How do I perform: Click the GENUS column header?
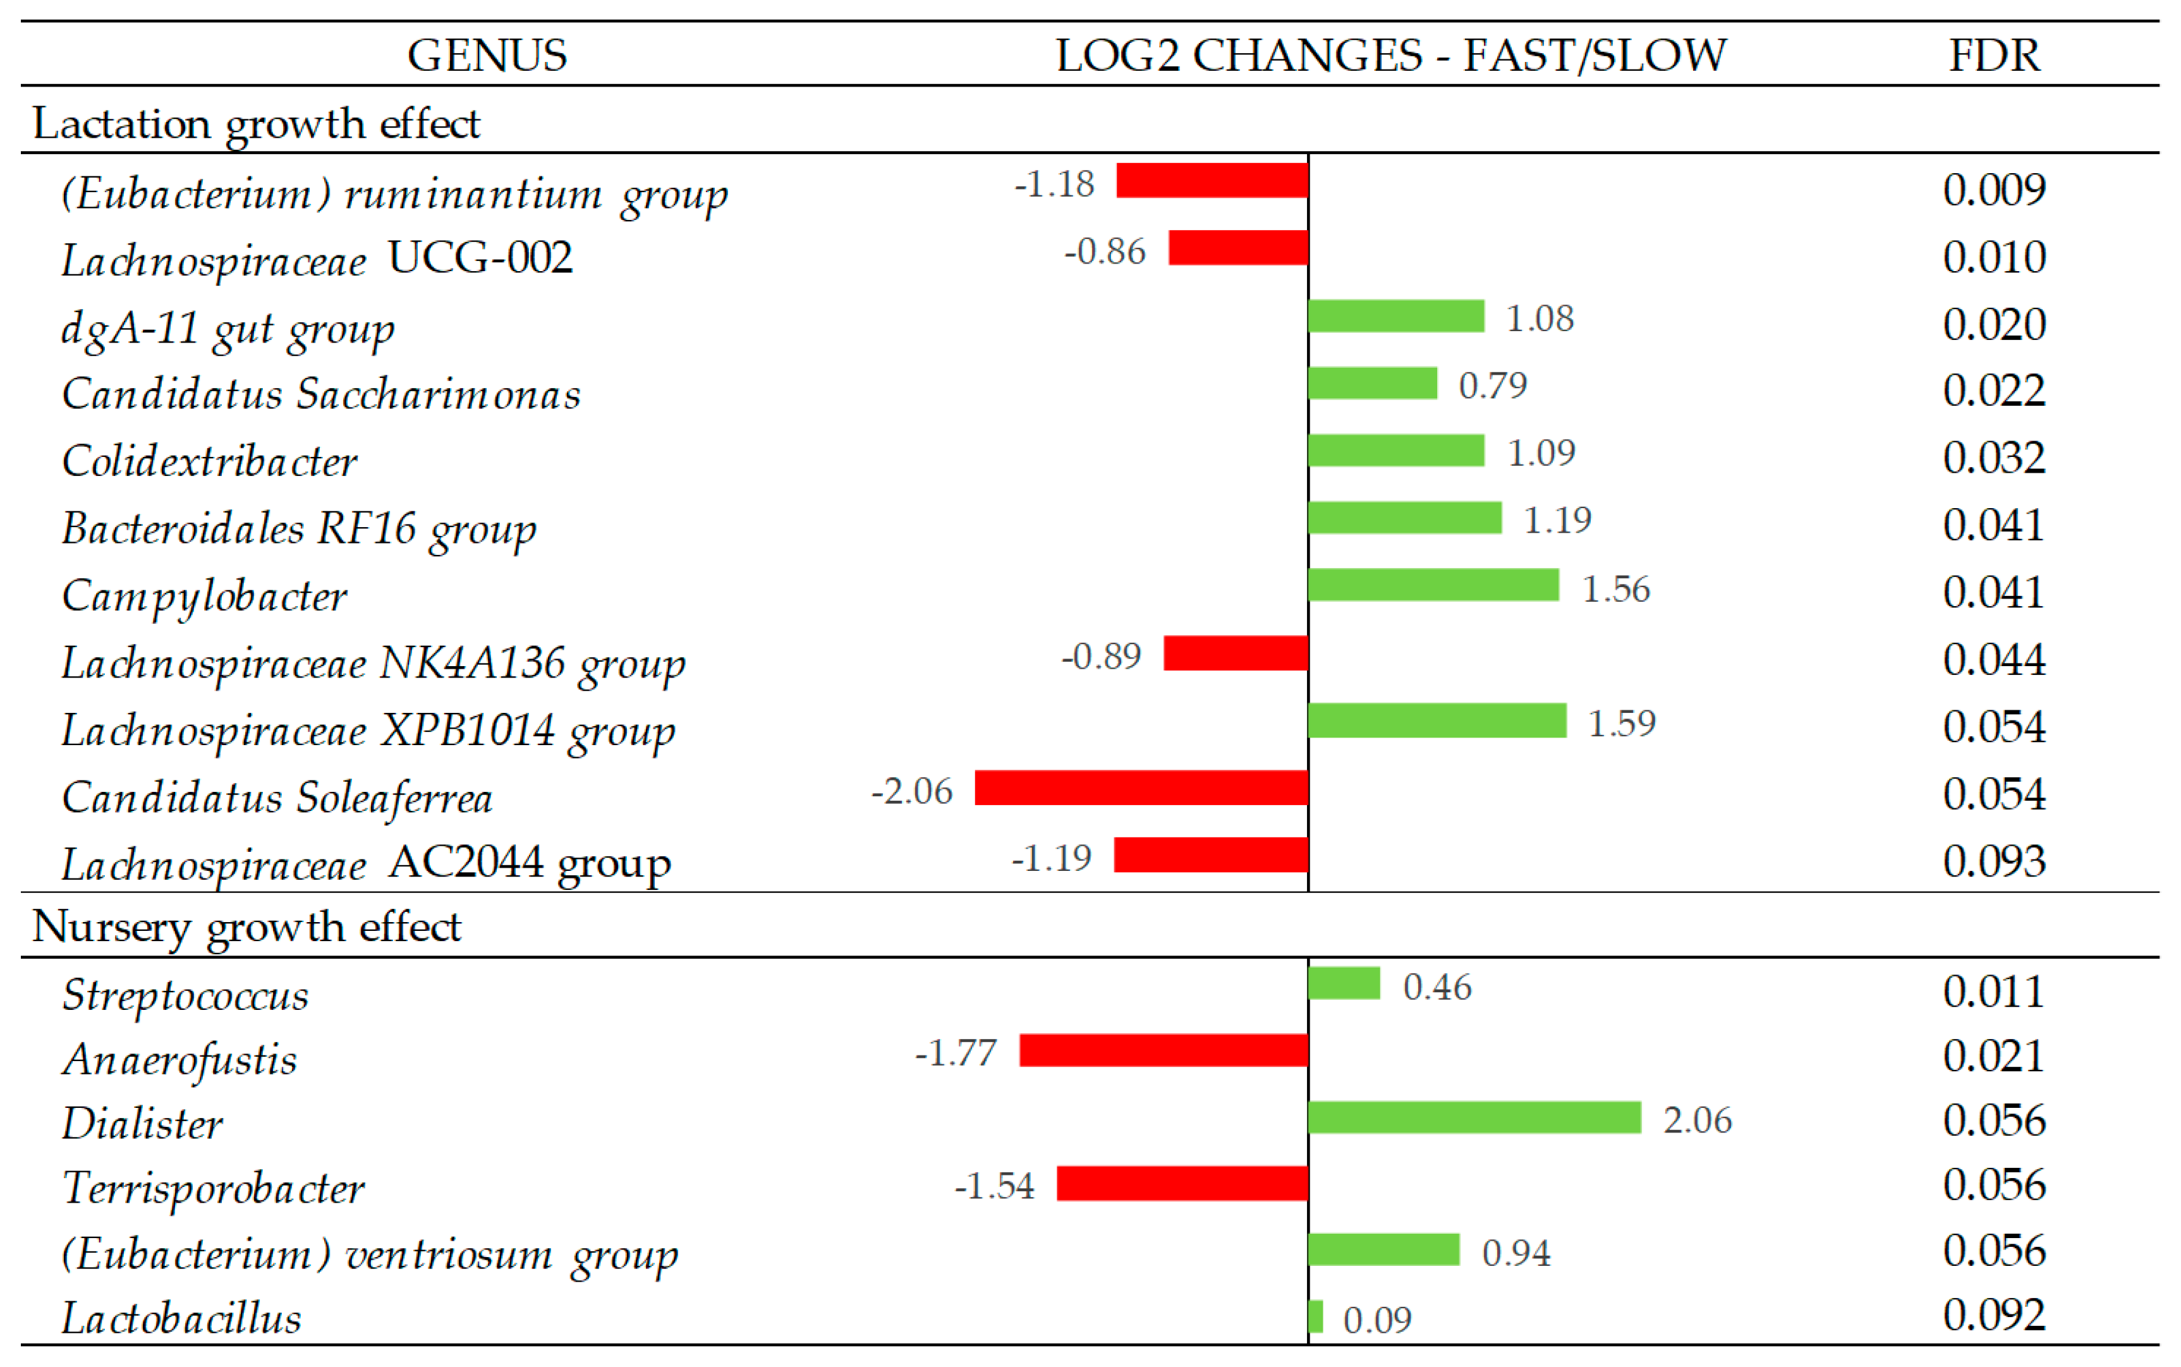487,55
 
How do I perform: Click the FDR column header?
1994,55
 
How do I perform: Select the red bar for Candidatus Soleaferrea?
1141,787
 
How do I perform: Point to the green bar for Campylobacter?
1433,585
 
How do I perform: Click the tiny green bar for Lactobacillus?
1316,1316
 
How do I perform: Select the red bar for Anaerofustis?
1163,1050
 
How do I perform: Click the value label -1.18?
1054,183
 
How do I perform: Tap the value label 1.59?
1622,723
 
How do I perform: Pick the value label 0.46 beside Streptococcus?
1437,987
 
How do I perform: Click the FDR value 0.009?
1994,190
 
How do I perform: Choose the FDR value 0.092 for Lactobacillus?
1994,1315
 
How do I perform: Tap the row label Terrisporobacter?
214,1187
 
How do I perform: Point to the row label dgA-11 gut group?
228,327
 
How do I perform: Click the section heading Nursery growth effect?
246,927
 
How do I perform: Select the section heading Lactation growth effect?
256,123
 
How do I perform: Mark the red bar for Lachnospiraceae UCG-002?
1237,248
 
